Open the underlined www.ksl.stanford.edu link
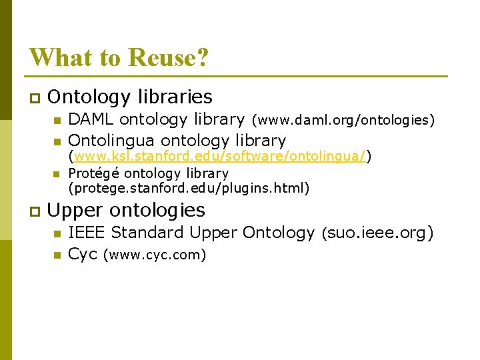220,157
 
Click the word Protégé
93,173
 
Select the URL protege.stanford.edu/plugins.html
189,189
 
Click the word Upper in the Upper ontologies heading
75,211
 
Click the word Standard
147,233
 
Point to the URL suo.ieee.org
377,233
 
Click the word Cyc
83,254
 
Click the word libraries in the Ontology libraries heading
175,97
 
